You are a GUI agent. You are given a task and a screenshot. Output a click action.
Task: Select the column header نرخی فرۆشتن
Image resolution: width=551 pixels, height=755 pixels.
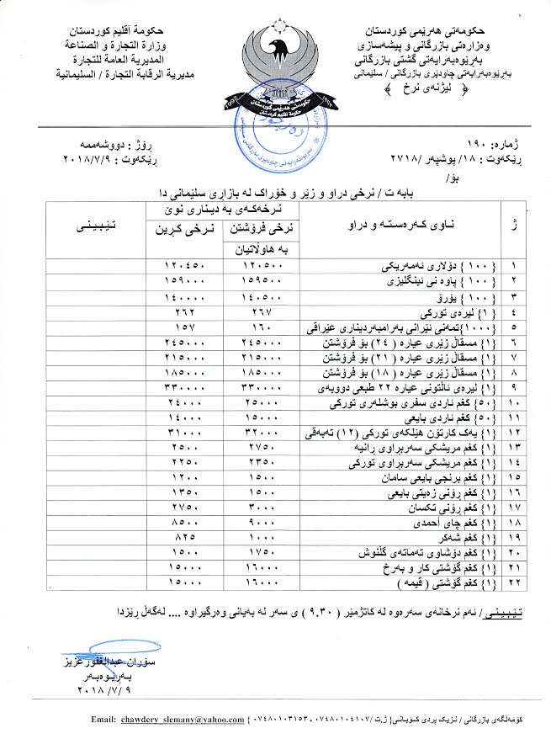pos(249,227)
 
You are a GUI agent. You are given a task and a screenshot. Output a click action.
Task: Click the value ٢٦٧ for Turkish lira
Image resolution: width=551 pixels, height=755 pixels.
pos(249,310)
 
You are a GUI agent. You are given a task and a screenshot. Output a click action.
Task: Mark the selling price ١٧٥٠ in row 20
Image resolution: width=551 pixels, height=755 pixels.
pos(249,551)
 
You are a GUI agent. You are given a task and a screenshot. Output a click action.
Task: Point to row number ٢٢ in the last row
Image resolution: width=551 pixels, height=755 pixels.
pos(515,582)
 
